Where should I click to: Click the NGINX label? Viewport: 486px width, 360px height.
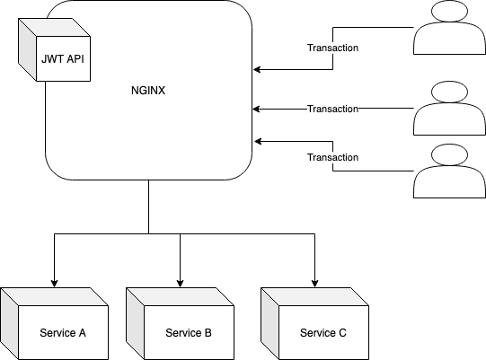point(148,91)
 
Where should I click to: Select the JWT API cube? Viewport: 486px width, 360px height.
point(54,50)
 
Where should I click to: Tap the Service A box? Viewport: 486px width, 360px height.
point(54,324)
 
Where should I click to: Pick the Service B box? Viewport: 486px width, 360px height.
point(180,324)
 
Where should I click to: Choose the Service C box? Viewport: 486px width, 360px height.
point(315,324)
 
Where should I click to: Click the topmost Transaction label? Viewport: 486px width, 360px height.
point(333,48)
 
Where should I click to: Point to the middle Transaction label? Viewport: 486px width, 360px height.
point(333,109)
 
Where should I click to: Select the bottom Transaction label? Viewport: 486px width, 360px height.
point(333,157)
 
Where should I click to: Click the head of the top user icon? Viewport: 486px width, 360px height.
point(449,11)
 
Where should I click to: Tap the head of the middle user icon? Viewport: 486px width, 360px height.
point(449,92)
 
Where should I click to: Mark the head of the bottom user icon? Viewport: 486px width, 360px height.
point(449,154)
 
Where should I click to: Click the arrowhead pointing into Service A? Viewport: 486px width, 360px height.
point(54,283)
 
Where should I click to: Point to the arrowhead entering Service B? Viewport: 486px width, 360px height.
point(180,283)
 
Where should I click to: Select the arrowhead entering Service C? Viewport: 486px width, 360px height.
point(315,283)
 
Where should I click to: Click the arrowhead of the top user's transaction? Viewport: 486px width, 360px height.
point(257,69)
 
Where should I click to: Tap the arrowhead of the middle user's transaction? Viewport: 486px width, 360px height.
point(256,109)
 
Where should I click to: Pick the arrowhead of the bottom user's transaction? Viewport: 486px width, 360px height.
point(258,142)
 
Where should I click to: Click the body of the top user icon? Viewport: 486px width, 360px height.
point(449,39)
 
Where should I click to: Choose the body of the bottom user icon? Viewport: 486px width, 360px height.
point(449,182)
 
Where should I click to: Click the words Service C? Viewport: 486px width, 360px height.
point(323,333)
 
